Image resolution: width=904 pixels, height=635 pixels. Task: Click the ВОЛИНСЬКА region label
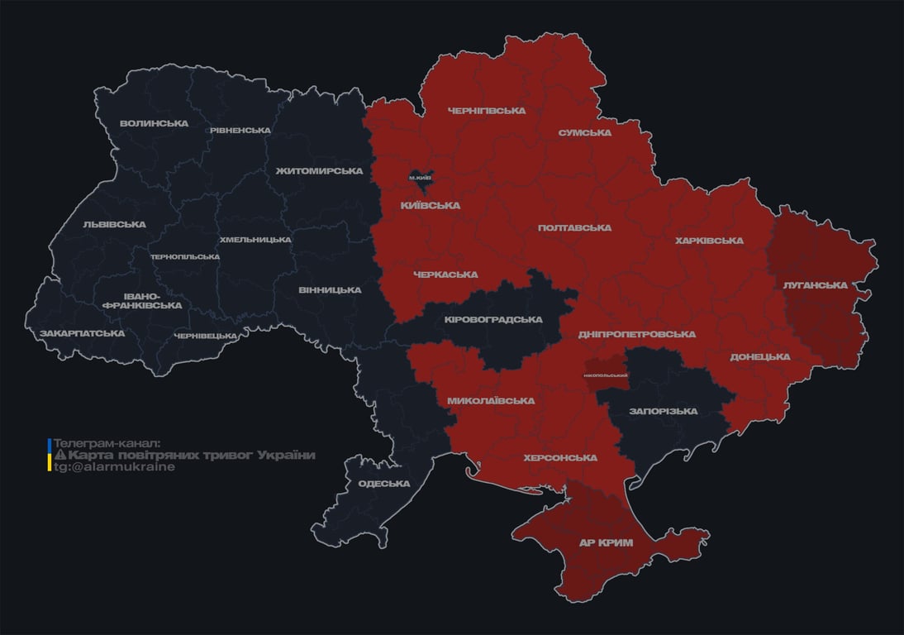tap(154, 124)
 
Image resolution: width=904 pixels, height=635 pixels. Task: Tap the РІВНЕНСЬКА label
tap(240, 131)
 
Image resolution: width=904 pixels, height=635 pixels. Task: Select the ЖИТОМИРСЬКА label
tap(319, 171)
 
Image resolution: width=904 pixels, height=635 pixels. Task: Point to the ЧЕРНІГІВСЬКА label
tap(487, 111)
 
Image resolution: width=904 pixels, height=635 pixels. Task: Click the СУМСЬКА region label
tap(584, 132)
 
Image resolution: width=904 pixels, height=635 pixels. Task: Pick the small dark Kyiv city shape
tap(421, 176)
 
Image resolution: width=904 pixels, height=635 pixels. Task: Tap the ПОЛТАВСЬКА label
tap(574, 227)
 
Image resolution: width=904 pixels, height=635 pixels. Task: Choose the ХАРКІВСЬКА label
tap(709, 241)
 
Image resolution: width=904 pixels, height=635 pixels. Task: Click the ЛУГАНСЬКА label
tap(815, 285)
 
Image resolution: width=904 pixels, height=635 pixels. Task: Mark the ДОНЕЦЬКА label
tap(759, 357)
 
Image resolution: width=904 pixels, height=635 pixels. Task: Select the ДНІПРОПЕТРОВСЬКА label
tap(636, 334)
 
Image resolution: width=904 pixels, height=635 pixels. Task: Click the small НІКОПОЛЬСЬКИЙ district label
tap(605, 375)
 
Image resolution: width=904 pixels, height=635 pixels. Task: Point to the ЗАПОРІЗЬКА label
tap(663, 411)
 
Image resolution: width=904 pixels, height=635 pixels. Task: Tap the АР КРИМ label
tap(607, 542)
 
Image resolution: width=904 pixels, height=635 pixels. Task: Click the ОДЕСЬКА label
tap(384, 484)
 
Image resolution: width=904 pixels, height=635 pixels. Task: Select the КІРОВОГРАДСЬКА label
tap(493, 320)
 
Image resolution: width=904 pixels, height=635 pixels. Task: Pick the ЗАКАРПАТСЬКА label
tap(82, 333)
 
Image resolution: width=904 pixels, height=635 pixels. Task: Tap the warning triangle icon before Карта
tap(59, 456)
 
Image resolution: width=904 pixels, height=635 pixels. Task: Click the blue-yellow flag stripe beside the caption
tap(50, 456)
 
